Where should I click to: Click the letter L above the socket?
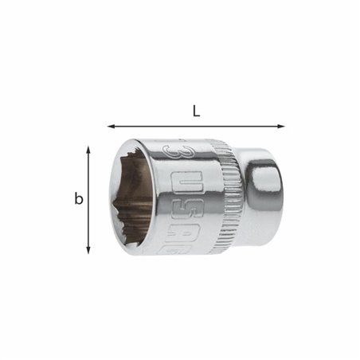pyautogui.click(x=196, y=111)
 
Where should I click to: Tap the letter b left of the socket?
pyautogui.click(x=79, y=199)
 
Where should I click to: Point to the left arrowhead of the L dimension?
pyautogui.click(x=110, y=126)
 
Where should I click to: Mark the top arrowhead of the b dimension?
pyautogui.click(x=88, y=148)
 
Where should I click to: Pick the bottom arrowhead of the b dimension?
pyautogui.click(x=88, y=251)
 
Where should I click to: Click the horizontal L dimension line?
pyautogui.click(x=196, y=126)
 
